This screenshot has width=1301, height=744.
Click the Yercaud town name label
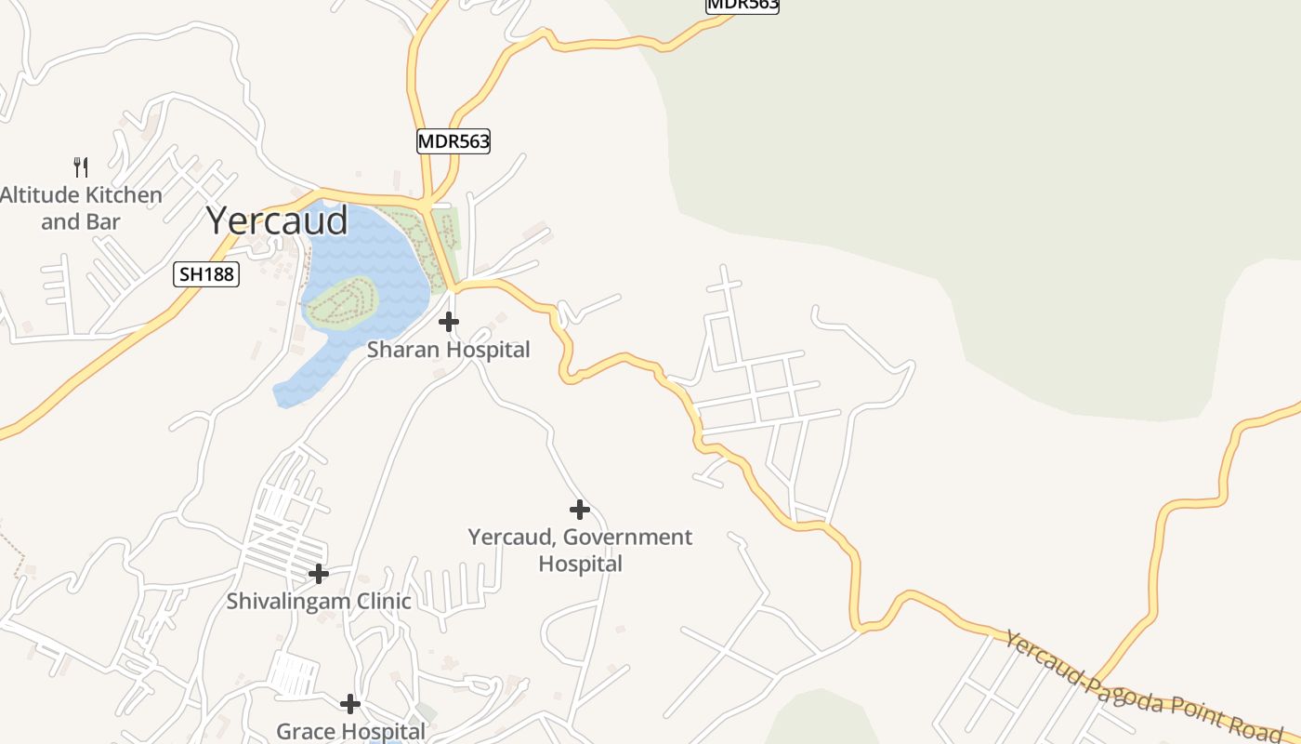point(277,220)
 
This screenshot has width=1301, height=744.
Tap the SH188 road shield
point(206,274)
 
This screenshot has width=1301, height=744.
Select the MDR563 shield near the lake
point(453,141)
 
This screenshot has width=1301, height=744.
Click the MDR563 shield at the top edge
point(742,5)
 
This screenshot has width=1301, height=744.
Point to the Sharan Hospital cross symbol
point(449,323)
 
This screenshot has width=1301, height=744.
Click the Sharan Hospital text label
point(448,350)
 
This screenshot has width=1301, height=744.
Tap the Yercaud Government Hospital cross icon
point(580,510)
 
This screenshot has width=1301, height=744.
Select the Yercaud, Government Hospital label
point(580,550)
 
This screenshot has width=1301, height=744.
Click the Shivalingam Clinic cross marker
point(319,574)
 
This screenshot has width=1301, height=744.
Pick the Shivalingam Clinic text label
point(319,601)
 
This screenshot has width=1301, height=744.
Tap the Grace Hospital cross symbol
point(350,704)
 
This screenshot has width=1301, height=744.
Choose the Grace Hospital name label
point(350,731)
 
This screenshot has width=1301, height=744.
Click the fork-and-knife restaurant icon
point(81,167)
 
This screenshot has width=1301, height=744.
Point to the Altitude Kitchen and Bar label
point(81,208)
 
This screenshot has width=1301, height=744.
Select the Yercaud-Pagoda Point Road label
point(1143,686)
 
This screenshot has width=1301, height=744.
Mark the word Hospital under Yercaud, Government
point(580,564)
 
